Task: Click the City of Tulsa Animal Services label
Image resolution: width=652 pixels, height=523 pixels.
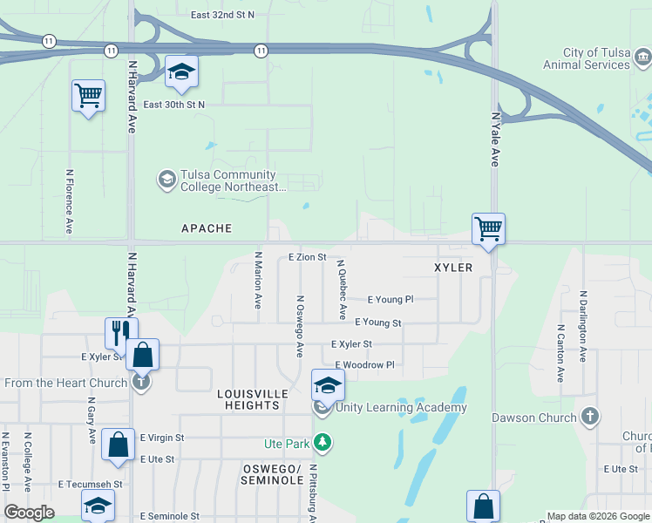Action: coord(585,58)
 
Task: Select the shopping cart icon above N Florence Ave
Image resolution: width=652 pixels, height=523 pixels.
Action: coord(88,96)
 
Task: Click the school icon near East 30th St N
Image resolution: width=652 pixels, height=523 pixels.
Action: coord(181,71)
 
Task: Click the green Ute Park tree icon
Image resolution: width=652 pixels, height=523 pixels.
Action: coord(323,444)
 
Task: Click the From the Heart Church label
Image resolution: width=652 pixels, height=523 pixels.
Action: coord(65,383)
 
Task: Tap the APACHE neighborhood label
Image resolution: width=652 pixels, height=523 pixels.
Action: coord(207,228)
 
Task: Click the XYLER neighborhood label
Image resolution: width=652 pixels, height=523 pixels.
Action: coord(452,268)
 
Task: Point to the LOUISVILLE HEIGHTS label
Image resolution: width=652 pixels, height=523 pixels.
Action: coord(253,400)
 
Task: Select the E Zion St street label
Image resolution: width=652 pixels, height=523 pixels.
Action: coord(307,257)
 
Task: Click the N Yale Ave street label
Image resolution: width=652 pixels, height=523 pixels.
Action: coord(494,139)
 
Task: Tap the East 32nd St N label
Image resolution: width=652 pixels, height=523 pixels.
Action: coord(223,15)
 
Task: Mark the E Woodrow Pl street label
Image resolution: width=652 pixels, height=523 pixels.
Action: coord(365,364)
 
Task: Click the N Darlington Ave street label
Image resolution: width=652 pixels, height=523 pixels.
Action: coord(582,326)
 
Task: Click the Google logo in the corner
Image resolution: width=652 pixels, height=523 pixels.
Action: coord(29,513)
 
